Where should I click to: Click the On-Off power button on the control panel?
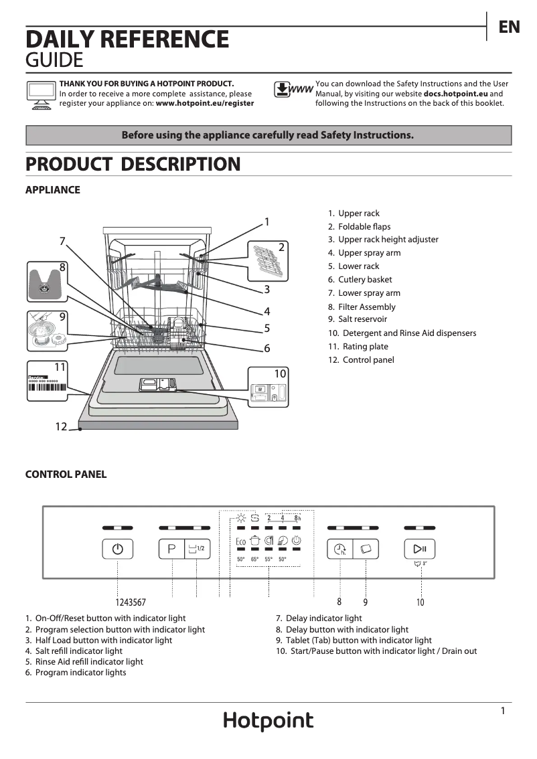tap(118, 549)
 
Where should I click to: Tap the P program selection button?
tap(172, 549)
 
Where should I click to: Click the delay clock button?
tap(339, 550)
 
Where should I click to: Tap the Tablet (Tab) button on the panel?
tap(366, 550)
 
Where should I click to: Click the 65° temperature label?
tap(254, 560)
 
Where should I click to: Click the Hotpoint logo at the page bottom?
tap(268, 721)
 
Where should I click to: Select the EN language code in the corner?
tap(509, 27)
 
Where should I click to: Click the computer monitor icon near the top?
tap(40, 94)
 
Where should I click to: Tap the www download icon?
tap(293, 90)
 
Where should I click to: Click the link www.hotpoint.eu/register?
tap(204, 104)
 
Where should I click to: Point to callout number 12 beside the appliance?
tap(61, 426)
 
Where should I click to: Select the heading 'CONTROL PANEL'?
tap(66, 475)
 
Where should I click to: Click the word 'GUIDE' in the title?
tap(54, 61)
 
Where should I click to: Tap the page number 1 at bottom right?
tap(503, 711)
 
